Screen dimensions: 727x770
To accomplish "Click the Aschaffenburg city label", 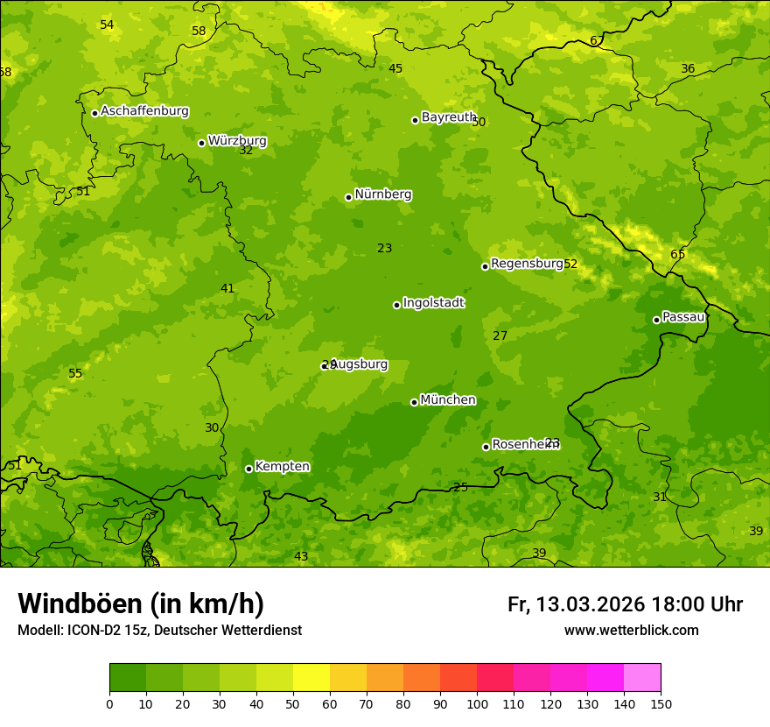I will pyautogui.click(x=144, y=111).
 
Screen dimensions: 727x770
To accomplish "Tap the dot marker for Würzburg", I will pyautogui.click(x=201, y=143).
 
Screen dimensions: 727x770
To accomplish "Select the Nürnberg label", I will pyautogui.click(x=382, y=194).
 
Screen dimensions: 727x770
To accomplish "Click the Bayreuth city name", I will pyautogui.click(x=447, y=117).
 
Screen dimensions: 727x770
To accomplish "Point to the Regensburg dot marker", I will pyautogui.click(x=485, y=266).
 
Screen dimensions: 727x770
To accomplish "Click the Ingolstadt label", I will pyautogui.click(x=433, y=303).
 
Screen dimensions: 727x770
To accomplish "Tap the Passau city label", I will pyautogui.click(x=682, y=317).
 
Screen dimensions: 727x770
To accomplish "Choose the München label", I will pyautogui.click(x=447, y=400).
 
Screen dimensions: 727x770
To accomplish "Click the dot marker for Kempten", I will pyautogui.click(x=248, y=469).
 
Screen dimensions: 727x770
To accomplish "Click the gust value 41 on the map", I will pyautogui.click(x=227, y=289).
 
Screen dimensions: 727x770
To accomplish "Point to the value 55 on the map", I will pyautogui.click(x=75, y=374).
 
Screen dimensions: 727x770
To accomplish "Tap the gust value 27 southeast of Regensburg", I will pyautogui.click(x=500, y=336).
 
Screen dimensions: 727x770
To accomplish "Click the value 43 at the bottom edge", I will pyautogui.click(x=301, y=557).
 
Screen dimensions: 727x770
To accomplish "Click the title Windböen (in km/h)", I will pyautogui.click(x=141, y=603).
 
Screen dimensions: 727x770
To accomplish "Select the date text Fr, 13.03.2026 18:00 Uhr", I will pyautogui.click(x=625, y=604).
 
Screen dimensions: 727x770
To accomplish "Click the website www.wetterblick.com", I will pyautogui.click(x=631, y=631).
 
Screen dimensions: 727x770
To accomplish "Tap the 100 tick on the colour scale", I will pyautogui.click(x=477, y=703).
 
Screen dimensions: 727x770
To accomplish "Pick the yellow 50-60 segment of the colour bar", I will pyautogui.click(x=311, y=677).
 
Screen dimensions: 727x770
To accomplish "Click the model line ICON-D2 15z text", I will pyautogui.click(x=159, y=631).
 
